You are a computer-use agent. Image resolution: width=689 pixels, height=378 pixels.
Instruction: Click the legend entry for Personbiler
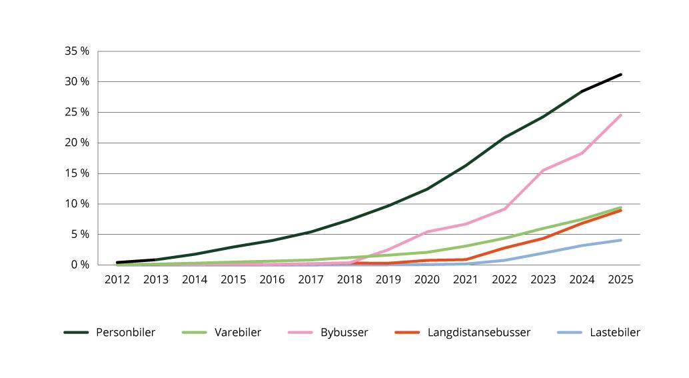(x=125, y=332)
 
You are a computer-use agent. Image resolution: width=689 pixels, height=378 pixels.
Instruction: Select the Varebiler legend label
(x=238, y=332)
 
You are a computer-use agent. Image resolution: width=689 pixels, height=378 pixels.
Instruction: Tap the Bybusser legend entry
(x=344, y=332)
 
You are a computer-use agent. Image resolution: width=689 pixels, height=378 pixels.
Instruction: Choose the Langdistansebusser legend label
(x=478, y=332)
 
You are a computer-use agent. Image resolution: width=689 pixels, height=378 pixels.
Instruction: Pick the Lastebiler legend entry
(x=614, y=332)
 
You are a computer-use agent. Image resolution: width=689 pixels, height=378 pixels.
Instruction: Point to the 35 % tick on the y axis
(x=77, y=51)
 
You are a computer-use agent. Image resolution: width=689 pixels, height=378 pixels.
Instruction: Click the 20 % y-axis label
(x=77, y=143)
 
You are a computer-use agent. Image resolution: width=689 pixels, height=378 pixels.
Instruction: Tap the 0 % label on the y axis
(x=80, y=265)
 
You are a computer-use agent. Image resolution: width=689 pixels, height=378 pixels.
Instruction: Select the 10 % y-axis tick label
(x=77, y=204)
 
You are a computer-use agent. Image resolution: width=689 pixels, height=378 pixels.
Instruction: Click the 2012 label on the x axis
(x=117, y=279)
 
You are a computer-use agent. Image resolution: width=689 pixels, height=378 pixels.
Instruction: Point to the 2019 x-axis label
(x=388, y=279)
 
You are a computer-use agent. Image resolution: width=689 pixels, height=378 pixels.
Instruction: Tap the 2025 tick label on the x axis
(x=621, y=279)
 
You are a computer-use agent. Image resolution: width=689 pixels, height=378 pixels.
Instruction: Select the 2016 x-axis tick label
(x=272, y=279)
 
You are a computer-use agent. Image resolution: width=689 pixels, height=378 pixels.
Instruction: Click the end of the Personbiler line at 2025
(x=621, y=75)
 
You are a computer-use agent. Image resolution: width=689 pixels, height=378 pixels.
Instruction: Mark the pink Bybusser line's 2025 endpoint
(x=621, y=115)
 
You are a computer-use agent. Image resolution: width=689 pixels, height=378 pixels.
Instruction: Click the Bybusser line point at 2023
(x=544, y=170)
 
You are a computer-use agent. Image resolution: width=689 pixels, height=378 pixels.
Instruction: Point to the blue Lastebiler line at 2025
(x=621, y=240)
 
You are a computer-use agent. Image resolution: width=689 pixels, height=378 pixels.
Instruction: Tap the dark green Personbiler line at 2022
(x=505, y=137)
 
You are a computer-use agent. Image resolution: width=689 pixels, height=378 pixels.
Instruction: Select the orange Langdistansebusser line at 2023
(x=544, y=238)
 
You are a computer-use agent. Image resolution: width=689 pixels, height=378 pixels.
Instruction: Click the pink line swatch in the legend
(x=301, y=332)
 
